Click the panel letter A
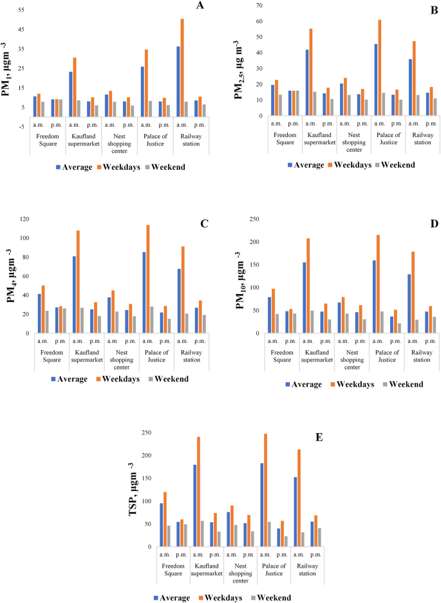pos(200,6)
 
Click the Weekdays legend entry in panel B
pos(350,165)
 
